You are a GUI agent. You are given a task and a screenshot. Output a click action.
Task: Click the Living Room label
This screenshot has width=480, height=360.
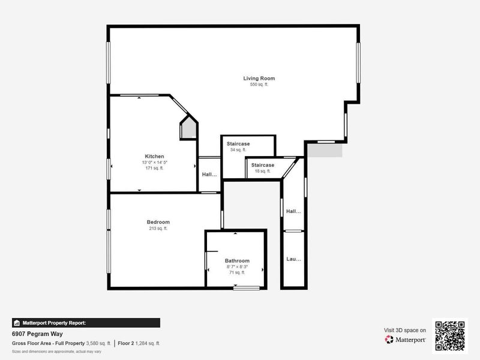click(259, 79)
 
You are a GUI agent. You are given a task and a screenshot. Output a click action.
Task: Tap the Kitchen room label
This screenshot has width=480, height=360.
click(154, 157)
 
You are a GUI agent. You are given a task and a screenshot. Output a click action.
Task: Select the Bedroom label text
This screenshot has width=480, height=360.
click(158, 222)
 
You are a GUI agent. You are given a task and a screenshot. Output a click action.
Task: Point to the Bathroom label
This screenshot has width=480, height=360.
click(237, 261)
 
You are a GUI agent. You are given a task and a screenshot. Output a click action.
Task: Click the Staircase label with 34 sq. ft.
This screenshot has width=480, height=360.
click(238, 144)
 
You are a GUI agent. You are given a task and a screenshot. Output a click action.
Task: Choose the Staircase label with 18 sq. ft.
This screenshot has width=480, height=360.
click(262, 165)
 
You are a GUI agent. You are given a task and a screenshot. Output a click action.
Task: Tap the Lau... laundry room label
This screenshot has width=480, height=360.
click(293, 260)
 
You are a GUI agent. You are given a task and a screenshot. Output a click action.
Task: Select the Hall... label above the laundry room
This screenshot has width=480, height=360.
click(293, 211)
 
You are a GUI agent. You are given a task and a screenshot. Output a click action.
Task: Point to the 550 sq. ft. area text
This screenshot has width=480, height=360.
click(259, 85)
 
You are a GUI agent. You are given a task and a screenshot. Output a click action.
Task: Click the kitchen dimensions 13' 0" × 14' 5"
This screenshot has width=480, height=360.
click(154, 163)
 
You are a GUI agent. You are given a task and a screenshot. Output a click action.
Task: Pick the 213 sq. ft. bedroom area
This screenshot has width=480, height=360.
click(158, 229)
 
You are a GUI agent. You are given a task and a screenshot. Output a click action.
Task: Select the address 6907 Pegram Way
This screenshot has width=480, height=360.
click(37, 334)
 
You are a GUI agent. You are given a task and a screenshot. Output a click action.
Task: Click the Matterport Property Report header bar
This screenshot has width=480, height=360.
click(86, 323)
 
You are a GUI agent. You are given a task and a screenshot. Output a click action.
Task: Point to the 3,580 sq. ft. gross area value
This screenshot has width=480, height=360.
click(98, 343)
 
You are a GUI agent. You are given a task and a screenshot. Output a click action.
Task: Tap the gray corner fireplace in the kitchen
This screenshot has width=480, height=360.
click(188, 128)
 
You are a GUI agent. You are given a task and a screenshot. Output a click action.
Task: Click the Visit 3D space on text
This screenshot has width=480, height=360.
click(405, 330)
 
